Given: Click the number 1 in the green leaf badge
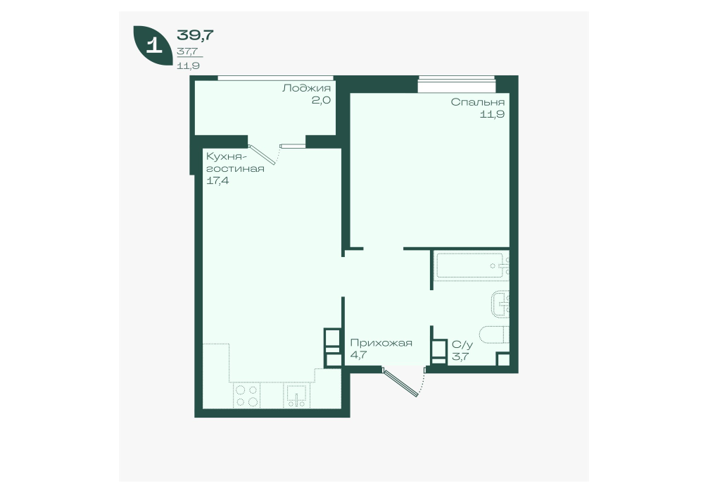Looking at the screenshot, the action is coord(154,46).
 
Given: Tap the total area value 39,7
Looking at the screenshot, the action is coord(195,35).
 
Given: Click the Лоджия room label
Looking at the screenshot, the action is coord(306,88).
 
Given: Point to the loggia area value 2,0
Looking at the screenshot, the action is coord(321,100).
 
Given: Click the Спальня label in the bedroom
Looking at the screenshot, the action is coord(477,103).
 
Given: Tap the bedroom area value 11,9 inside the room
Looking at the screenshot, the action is coord(492,114).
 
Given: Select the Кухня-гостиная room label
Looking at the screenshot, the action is coord(235,163).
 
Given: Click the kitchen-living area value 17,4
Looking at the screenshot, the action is coord(217,181).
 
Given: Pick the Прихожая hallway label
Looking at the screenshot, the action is coord(381,343).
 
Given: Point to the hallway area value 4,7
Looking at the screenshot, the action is coord(358,355).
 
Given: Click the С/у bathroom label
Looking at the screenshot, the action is coord(462,345).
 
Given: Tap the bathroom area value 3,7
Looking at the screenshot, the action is coord(460,357).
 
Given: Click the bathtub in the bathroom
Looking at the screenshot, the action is coord(472,266).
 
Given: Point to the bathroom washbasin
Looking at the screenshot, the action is coord(500,304).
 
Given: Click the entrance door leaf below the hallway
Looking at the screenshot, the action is coord(400,382).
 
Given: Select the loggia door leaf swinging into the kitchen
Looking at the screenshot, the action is coord(262,154).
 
